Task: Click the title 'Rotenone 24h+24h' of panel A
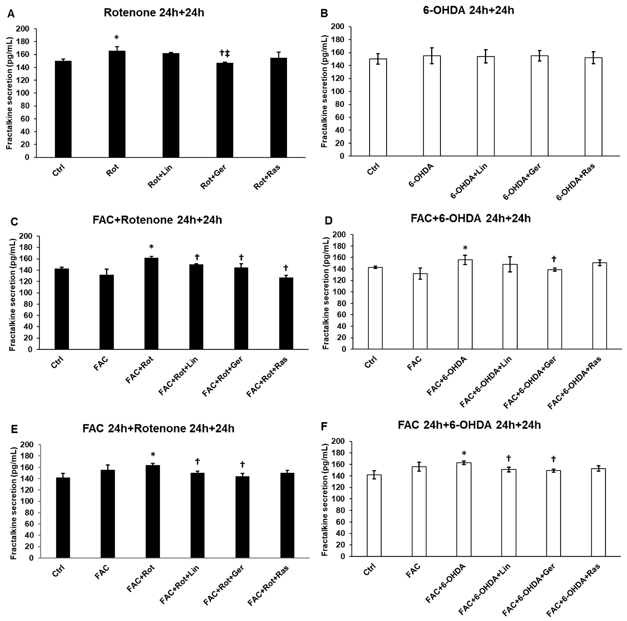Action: [154, 13]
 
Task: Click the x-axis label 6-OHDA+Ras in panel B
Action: [575, 182]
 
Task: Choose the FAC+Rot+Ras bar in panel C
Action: [286, 313]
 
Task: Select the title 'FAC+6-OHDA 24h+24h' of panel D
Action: [471, 218]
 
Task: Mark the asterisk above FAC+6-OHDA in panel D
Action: [465, 248]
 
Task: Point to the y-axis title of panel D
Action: [326, 293]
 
